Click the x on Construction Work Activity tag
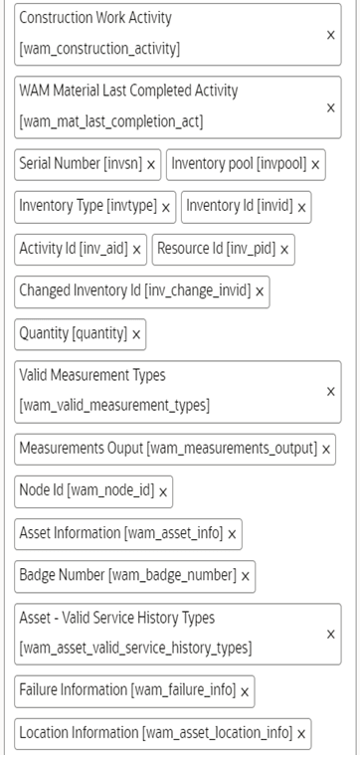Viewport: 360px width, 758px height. (x=330, y=34)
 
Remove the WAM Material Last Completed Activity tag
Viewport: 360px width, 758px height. (x=330, y=106)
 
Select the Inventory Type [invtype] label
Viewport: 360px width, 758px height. (x=89, y=207)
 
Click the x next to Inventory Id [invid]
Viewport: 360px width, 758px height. (x=301, y=207)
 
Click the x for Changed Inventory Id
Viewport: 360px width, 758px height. (x=260, y=292)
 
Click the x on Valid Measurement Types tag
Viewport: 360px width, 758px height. (x=330, y=391)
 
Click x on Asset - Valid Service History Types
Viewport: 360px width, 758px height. (x=330, y=634)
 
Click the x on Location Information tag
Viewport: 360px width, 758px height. (x=301, y=733)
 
